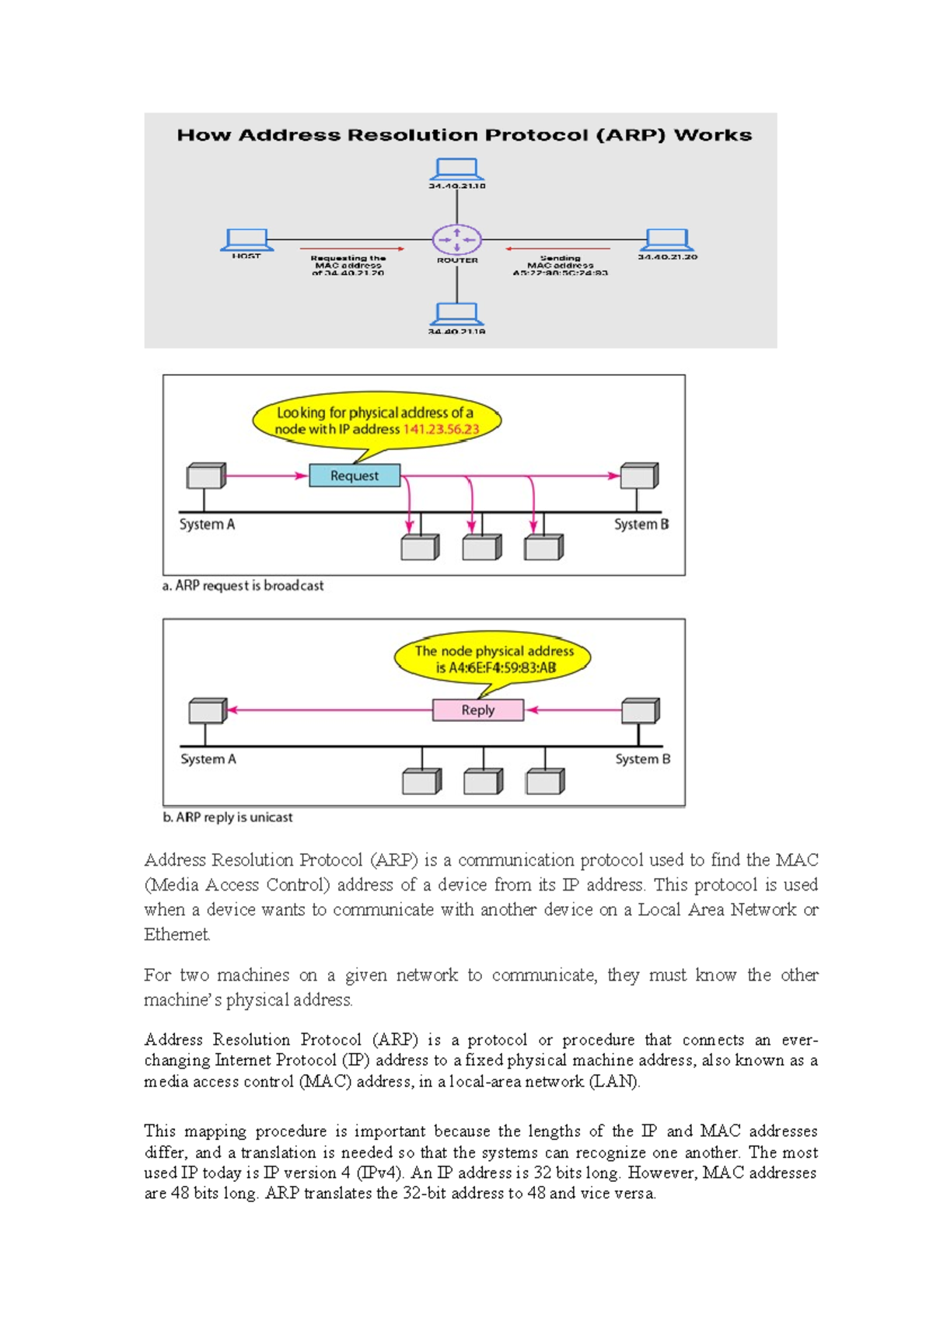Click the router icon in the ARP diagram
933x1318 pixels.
pos(456,239)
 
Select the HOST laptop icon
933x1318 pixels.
pos(246,239)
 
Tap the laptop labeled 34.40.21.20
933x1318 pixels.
pos(668,239)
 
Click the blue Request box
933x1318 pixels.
pos(355,476)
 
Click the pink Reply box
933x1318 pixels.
pos(477,710)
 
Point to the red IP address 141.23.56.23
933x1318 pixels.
pos(441,429)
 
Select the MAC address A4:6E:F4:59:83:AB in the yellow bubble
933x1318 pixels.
pos(503,668)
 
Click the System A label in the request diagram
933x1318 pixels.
pos(207,525)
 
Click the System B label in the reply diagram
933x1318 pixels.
pos(642,759)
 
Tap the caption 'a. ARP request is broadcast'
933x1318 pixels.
pos(243,586)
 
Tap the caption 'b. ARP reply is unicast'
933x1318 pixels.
pos(228,818)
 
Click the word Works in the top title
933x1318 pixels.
pos(712,135)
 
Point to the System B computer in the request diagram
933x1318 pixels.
pos(639,475)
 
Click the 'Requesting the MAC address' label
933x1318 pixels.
pos(348,265)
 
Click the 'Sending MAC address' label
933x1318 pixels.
pos(560,265)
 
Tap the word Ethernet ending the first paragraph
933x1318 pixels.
pos(176,935)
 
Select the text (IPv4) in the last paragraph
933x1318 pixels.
pos(379,1173)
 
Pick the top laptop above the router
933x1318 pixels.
pos(456,169)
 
